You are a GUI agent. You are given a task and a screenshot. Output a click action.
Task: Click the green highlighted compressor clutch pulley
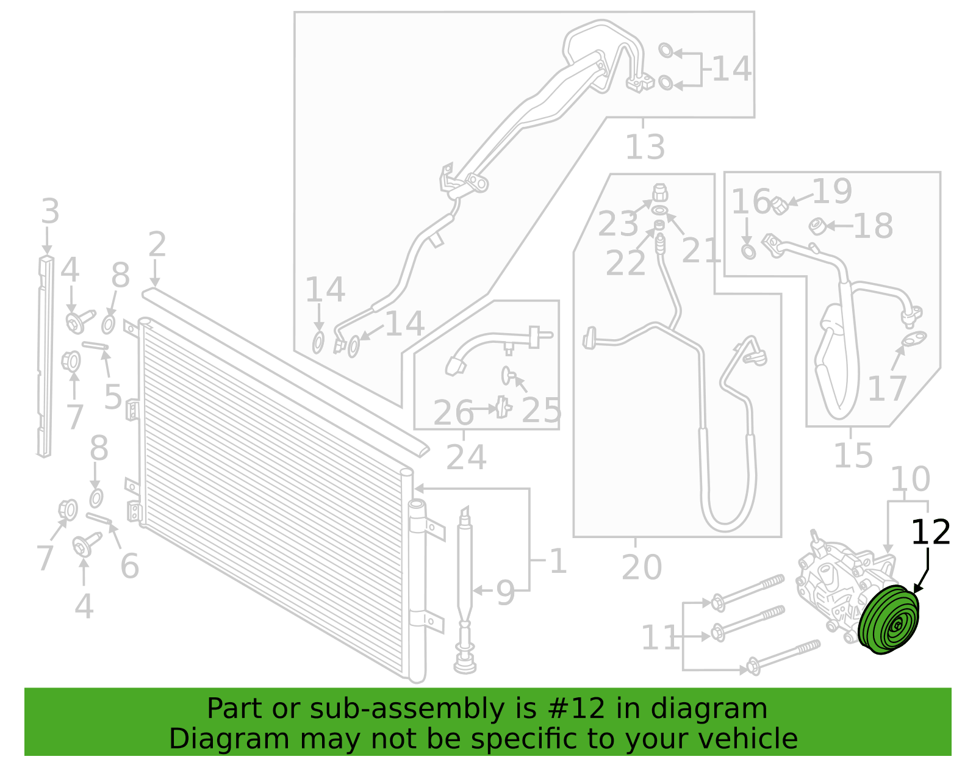coord(888,620)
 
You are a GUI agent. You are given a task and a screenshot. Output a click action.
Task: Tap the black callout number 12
coord(930,533)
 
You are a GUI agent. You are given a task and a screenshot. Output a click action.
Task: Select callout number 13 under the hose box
coord(645,147)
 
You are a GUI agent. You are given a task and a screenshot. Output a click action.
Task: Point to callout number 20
coord(641,567)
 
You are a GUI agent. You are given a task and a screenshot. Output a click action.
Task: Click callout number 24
coord(466,458)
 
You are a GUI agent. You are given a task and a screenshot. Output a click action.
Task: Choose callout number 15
coord(853,456)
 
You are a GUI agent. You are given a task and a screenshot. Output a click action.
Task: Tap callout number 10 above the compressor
coord(910,479)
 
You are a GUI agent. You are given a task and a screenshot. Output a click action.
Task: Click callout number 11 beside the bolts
coord(659,638)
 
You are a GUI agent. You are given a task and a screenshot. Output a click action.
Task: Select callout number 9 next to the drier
coord(506,593)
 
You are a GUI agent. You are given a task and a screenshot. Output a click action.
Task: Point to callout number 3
coord(50,212)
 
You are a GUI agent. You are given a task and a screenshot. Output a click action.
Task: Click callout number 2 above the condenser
coord(157,245)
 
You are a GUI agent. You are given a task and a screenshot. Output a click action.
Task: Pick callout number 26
coord(453,413)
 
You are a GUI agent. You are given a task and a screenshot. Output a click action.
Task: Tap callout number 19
coord(832,192)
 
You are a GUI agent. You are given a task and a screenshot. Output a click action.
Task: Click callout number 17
coord(887,389)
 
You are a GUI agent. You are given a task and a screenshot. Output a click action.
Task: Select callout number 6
coord(130,566)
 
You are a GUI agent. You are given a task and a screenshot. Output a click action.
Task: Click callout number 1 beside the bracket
coord(558,561)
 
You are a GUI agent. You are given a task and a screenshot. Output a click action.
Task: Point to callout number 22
coord(625,263)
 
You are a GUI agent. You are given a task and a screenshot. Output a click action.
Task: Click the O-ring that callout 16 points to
coord(748,253)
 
